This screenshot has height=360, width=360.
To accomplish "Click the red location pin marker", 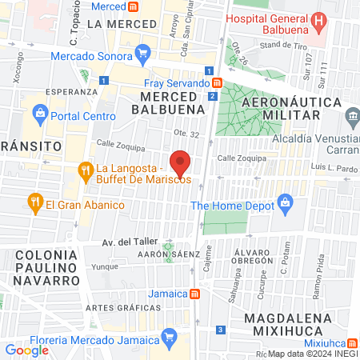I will pos(180,162).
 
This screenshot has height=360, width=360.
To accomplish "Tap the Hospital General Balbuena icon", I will pos(319,20).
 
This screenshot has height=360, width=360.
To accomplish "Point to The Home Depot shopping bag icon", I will pos(285,206).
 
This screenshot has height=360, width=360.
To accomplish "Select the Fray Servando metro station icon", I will pos(217,82).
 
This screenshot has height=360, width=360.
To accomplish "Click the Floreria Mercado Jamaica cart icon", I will pos(167,339).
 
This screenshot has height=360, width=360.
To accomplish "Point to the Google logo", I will pos(27,350).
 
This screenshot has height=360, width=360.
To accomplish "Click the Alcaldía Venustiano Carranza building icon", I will pos(353,118).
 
